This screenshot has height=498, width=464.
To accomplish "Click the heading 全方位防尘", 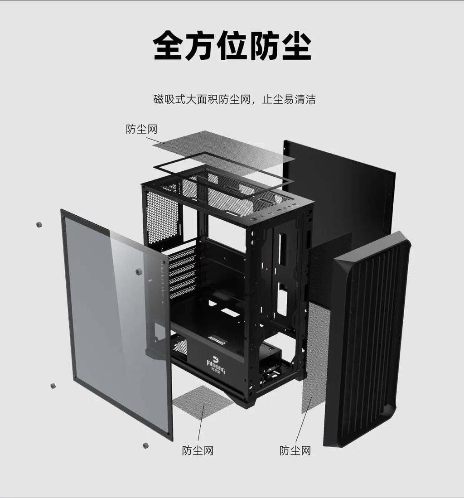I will [232, 45].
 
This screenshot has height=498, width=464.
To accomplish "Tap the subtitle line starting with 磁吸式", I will [234, 99].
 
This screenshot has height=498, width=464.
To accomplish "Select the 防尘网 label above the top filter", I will [141, 129].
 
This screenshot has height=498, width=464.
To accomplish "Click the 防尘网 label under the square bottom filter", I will [198, 450].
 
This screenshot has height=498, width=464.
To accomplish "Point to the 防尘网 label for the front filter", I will [295, 450].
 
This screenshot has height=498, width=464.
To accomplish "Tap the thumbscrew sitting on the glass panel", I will [139, 271].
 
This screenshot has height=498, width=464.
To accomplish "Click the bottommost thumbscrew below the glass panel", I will [145, 445].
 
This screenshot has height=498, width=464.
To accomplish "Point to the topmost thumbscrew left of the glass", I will [39, 224].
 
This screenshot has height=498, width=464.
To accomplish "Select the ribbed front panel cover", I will [367, 340].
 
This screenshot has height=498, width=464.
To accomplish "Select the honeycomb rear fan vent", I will [162, 218].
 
